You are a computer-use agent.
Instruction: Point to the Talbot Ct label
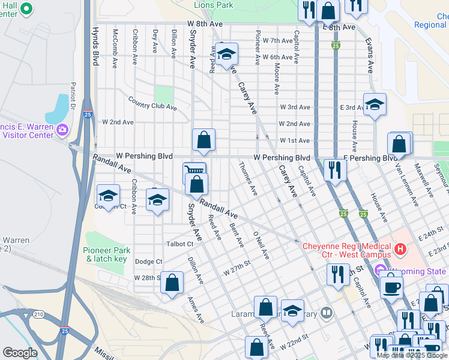(x=181, y=244)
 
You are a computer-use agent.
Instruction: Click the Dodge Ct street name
(x=149, y=262)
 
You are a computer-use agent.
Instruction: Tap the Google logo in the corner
(x=20, y=353)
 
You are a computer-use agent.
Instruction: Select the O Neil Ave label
(x=261, y=245)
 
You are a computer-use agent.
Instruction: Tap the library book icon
(x=326, y=312)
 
